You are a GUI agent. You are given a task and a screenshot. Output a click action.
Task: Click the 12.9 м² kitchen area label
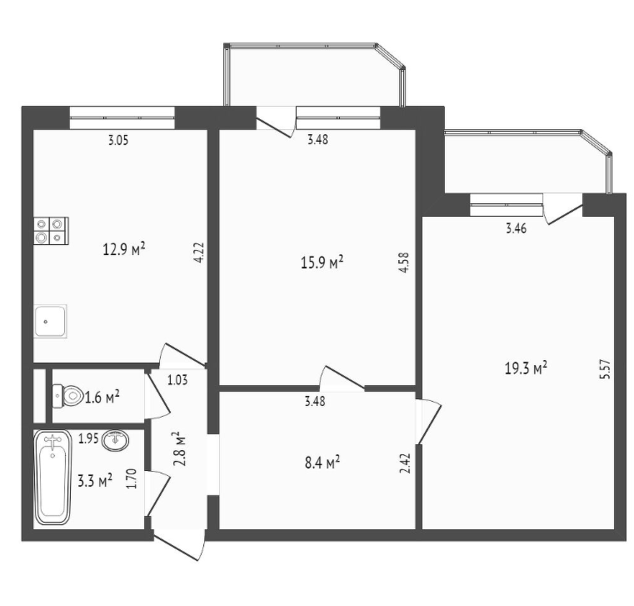pyautogui.click(x=124, y=249)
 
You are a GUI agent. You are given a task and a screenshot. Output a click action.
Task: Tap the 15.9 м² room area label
pyautogui.click(x=322, y=263)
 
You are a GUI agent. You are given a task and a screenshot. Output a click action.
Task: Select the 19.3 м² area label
pyautogui.click(x=526, y=368)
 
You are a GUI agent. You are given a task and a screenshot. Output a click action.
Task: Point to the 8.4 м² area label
pyautogui.click(x=322, y=462)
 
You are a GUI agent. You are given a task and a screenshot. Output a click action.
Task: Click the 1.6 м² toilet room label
pyautogui.click(x=102, y=398)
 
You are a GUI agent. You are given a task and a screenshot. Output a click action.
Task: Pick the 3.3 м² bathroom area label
pyautogui.click(x=95, y=481)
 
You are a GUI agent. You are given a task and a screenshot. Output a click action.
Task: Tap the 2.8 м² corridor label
pyautogui.click(x=179, y=448)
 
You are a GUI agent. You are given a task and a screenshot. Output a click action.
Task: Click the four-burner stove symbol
pyautogui.click(x=51, y=231)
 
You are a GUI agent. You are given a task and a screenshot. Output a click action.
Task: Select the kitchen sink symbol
pyautogui.click(x=51, y=321)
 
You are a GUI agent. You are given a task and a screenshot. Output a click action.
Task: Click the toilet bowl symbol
pyautogui.click(x=67, y=395)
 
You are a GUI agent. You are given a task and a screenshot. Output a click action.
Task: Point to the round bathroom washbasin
pyautogui.click(x=116, y=439)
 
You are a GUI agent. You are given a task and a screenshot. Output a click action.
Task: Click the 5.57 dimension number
pyautogui.click(x=605, y=369)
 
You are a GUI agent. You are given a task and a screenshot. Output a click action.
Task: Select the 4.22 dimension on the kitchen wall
pyautogui.click(x=198, y=253)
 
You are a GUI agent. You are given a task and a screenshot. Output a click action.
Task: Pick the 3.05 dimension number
pyautogui.click(x=118, y=140)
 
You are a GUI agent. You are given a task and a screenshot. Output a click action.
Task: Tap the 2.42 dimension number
pyautogui.click(x=406, y=463)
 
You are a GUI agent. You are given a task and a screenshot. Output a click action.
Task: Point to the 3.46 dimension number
pyautogui.click(x=517, y=228)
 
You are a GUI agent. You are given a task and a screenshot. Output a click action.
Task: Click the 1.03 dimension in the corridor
pyautogui.click(x=177, y=380)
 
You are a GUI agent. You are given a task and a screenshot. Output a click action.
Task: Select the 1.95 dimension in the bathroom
pyautogui.click(x=88, y=438)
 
